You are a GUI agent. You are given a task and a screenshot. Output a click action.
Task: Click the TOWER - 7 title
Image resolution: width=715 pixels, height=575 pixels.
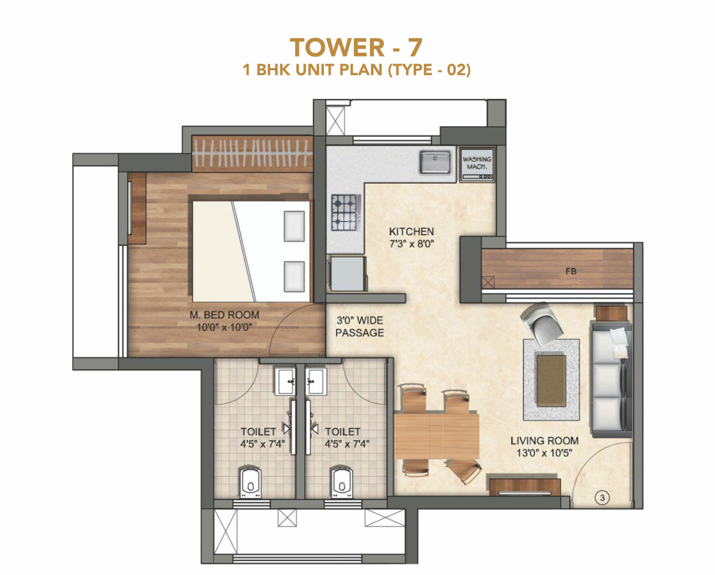(x=356, y=48)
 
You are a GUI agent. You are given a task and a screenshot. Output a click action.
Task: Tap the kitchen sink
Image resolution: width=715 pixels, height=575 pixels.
(x=435, y=162)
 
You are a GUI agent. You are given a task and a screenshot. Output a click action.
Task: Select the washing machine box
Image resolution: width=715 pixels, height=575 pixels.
(x=476, y=164)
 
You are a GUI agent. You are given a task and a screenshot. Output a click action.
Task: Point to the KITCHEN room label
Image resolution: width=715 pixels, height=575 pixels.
(x=411, y=231)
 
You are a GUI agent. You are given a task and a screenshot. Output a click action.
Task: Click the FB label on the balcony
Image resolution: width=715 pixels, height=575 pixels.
(x=570, y=271)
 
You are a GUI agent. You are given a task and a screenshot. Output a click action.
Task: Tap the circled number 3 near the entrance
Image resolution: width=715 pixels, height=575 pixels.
(x=603, y=498)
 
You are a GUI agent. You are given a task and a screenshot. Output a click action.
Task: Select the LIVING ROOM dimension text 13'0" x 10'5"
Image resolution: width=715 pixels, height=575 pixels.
(x=544, y=453)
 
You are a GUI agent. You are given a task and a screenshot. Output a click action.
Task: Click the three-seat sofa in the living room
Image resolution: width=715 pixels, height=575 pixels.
(x=611, y=379)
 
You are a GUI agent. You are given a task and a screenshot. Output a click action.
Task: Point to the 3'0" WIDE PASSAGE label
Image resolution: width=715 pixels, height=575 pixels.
(x=359, y=327)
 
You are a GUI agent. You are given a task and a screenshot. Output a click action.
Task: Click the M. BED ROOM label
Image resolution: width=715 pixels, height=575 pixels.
(x=224, y=315)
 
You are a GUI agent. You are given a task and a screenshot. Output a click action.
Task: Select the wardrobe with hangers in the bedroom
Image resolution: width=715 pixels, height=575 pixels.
(x=252, y=153)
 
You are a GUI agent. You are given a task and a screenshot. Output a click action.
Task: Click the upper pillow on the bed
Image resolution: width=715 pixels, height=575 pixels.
(x=294, y=226)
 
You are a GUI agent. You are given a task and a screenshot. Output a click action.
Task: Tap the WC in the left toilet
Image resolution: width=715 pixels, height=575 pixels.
(x=250, y=482)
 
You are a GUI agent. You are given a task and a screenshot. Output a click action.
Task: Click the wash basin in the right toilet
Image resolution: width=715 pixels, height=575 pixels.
(x=316, y=381)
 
